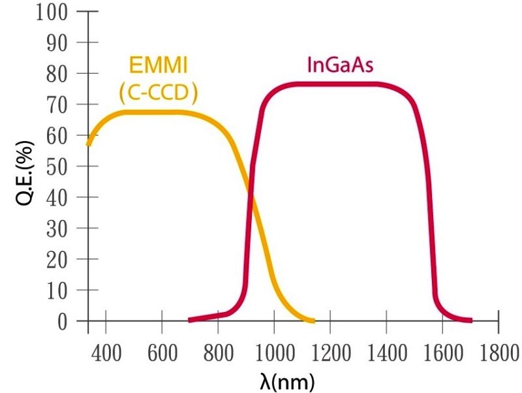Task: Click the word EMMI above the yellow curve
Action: pos(158,65)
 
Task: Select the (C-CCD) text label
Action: pos(159,93)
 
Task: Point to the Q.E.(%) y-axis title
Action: pos(25,166)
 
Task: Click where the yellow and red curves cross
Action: pos(251,190)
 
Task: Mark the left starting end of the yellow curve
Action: pos(88,144)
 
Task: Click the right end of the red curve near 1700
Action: pos(470,321)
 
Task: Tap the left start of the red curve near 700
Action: pos(190,320)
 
